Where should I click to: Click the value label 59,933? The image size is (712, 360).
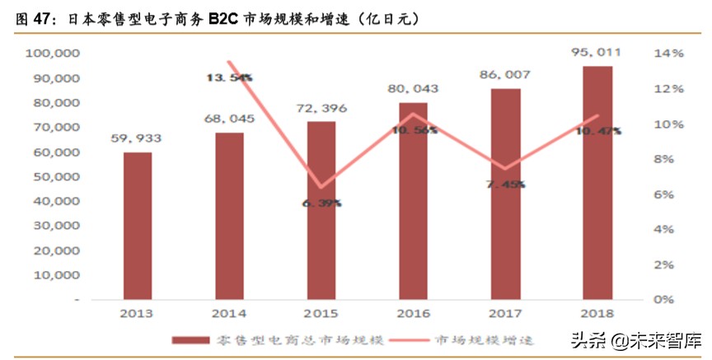click(138, 138)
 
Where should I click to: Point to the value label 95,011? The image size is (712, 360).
click(598, 52)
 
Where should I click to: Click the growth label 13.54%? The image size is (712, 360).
click(230, 77)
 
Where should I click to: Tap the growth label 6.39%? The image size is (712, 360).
click(322, 203)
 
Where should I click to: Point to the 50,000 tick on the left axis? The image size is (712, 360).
click(56, 177)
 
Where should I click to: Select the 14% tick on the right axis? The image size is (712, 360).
click(668, 54)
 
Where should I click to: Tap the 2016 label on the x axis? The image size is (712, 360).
click(414, 314)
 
